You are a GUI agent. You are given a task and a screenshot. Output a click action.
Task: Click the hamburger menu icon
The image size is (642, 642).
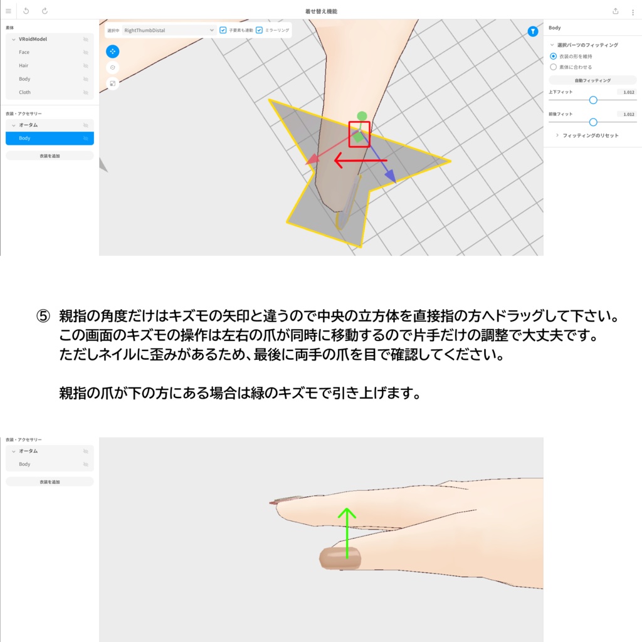pyautogui.click(x=8, y=11)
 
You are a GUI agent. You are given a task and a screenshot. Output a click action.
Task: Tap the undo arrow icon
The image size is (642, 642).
pyautogui.click(x=26, y=11)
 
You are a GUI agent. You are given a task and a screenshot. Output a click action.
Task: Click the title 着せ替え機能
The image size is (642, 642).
pyautogui.click(x=321, y=11)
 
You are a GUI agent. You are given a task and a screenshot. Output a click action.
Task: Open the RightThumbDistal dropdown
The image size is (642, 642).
pyautogui.click(x=169, y=30)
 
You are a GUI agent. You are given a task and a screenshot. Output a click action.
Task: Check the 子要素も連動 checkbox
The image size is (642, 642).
pyautogui.click(x=223, y=30)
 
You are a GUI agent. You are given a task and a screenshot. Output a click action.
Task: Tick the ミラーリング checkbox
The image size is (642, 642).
pyautogui.click(x=260, y=30)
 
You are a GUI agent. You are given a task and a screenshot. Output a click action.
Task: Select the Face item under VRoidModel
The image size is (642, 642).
pyautogui.click(x=24, y=52)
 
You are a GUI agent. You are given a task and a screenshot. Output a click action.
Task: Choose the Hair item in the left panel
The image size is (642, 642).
pyautogui.click(x=23, y=65)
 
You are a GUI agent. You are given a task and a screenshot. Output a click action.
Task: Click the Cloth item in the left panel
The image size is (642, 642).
pyautogui.click(x=24, y=92)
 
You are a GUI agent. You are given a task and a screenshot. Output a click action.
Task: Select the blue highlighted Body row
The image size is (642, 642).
pyautogui.click(x=50, y=138)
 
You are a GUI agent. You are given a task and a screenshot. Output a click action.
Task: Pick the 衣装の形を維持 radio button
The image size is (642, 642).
pyautogui.click(x=553, y=56)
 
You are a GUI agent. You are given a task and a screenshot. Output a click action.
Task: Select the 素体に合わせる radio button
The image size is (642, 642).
pyautogui.click(x=553, y=66)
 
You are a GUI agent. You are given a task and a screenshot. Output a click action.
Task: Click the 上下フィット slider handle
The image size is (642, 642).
pyautogui.click(x=593, y=100)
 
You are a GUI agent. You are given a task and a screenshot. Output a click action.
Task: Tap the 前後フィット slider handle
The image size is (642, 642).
pyautogui.click(x=593, y=122)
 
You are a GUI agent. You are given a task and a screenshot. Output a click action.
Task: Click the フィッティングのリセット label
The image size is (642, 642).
pyautogui.click(x=590, y=135)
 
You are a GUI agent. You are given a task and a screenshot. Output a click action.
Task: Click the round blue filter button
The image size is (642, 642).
pyautogui.click(x=532, y=31)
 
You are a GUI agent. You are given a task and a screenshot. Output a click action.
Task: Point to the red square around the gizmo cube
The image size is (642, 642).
pyautogui.click(x=359, y=134)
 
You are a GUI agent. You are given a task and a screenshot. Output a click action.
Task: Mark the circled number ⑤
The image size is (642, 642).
pyautogui.click(x=43, y=316)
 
